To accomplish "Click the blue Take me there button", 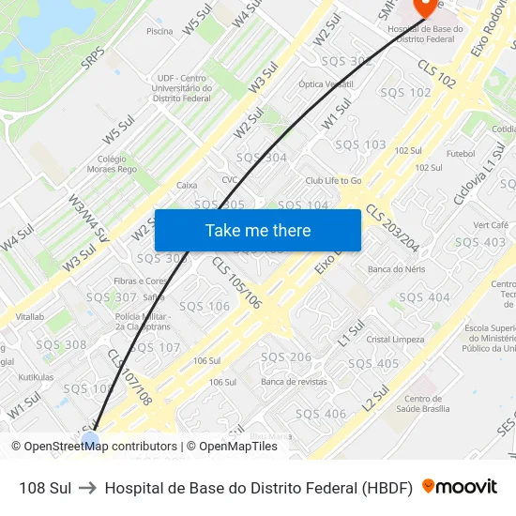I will point(257,230).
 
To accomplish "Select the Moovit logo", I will point(460,487).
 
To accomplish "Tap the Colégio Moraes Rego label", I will point(116,164).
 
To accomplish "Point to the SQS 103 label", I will point(360,144).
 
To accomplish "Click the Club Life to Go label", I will point(333,180).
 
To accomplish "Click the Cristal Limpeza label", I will point(395,339).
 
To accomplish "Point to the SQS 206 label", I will point(285,357).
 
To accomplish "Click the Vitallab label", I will point(29,317).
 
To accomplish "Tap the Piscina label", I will point(159,31).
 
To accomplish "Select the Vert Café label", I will point(491,225).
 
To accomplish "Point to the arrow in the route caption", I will point(88,488).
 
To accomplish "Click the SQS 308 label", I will point(61,344).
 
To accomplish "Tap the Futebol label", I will point(461,153).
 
